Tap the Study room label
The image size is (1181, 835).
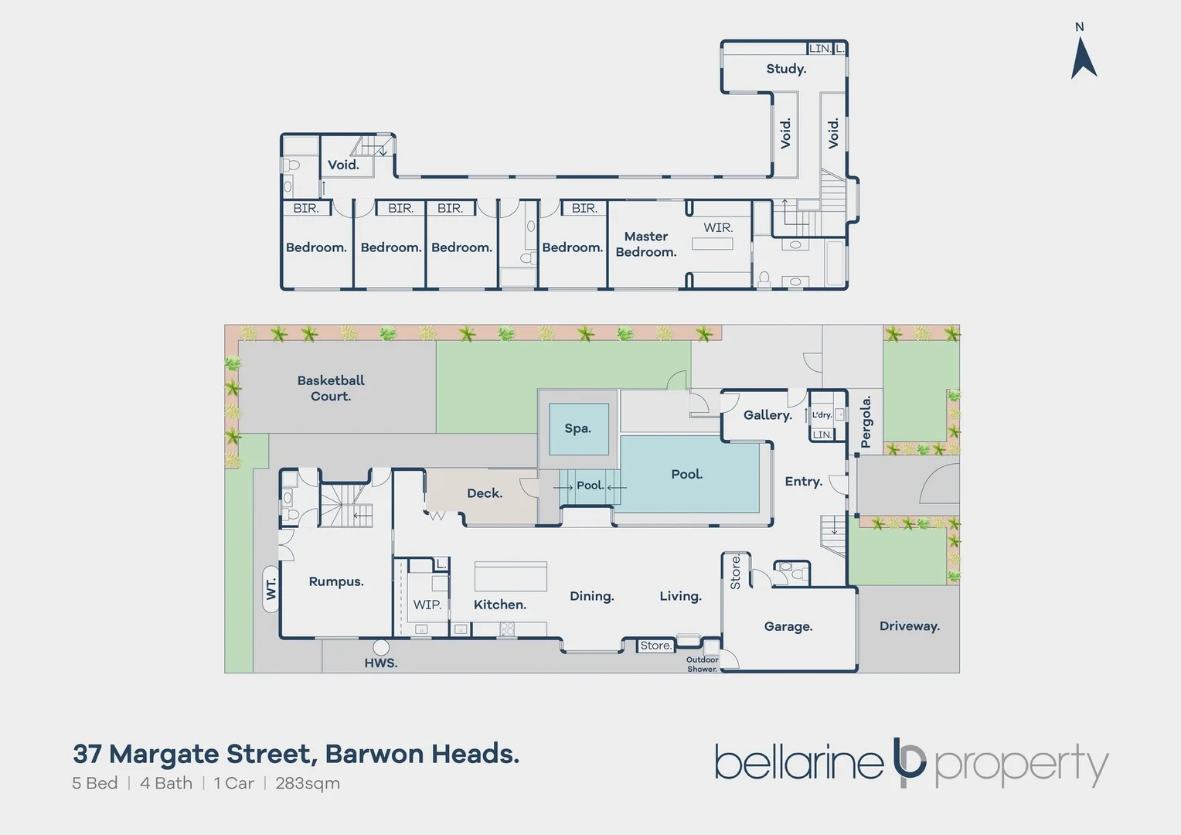pyautogui.click(x=786, y=69)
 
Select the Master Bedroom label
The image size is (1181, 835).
pyautogui.click(x=645, y=244)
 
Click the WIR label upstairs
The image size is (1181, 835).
pyautogui.click(x=717, y=227)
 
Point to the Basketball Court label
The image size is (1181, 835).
pyautogui.click(x=331, y=388)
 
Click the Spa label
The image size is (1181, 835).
pyautogui.click(x=577, y=428)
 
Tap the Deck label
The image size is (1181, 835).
pyautogui.click(x=485, y=493)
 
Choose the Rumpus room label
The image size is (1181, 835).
pyautogui.click(x=336, y=581)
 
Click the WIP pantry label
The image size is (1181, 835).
pyautogui.click(x=427, y=605)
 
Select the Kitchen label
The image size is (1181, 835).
pyautogui.click(x=500, y=605)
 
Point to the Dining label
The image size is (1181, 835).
pyautogui.click(x=592, y=596)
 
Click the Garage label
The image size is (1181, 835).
pyautogui.click(x=788, y=626)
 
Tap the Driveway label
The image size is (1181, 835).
pyautogui.click(x=910, y=626)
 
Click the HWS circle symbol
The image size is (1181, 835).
pyautogui.click(x=381, y=647)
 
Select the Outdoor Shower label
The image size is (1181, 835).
pyautogui.click(x=702, y=664)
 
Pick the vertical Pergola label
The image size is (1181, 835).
pyautogui.click(x=866, y=421)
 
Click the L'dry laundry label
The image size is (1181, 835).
pyautogui.click(x=822, y=415)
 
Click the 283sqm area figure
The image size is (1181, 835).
pyautogui.click(x=308, y=783)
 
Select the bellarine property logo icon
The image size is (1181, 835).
pyautogui.click(x=909, y=762)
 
